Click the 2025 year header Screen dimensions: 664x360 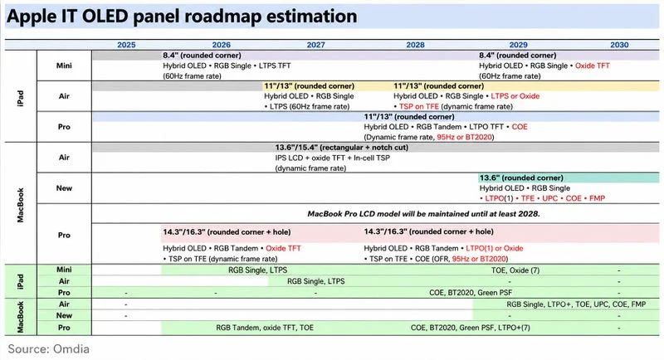tap(126, 45)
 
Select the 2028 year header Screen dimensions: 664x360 tap(415, 45)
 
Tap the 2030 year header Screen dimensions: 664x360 tap(619, 45)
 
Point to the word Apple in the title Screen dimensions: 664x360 tap(31, 17)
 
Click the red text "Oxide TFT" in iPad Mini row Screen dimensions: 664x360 tap(592, 66)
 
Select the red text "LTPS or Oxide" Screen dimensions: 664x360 tap(515, 96)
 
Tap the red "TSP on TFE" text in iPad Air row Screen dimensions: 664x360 tap(419, 107)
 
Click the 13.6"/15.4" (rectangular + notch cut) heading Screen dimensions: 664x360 tap(342, 148)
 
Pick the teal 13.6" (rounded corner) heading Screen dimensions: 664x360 tap(521, 178)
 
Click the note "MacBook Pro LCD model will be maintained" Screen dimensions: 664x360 tap(423, 214)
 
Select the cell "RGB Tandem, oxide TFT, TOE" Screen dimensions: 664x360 tap(265, 328)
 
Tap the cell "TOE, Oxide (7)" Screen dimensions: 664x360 tap(515, 270)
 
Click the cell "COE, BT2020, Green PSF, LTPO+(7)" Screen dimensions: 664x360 tap(470, 328)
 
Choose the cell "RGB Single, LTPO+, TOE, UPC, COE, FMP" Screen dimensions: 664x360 tap(576, 304)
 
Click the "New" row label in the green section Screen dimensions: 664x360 tap(64, 315)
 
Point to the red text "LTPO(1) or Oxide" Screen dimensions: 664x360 tap(494, 248)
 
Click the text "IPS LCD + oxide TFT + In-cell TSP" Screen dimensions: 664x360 tap(333, 158)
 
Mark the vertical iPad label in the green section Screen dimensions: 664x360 tap(20, 281)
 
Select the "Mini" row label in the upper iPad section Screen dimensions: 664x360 tap(64, 66)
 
